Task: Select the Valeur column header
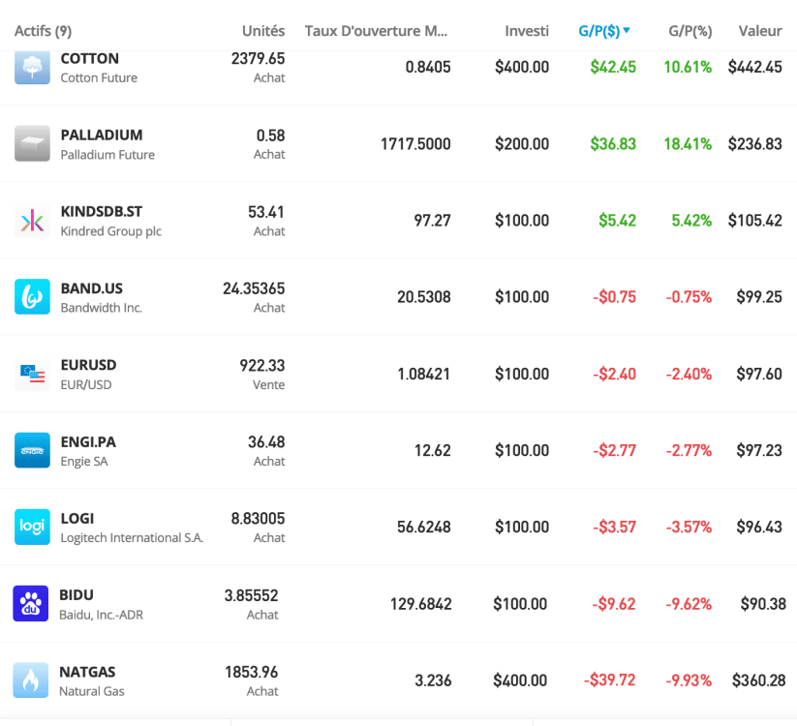759,31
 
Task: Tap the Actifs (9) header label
44,31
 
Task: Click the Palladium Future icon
32,143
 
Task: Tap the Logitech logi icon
32,527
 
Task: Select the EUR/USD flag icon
32,374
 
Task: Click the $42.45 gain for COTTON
613,67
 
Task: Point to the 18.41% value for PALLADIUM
688,143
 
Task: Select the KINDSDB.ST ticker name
101,211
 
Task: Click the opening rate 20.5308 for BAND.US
423,297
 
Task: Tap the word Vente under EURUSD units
268,384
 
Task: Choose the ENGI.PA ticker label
88,441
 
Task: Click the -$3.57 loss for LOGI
614,527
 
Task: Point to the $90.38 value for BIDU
762,604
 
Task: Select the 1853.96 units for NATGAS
251,672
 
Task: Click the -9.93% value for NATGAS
688,681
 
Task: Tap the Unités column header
263,31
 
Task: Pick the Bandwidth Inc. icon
32,297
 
